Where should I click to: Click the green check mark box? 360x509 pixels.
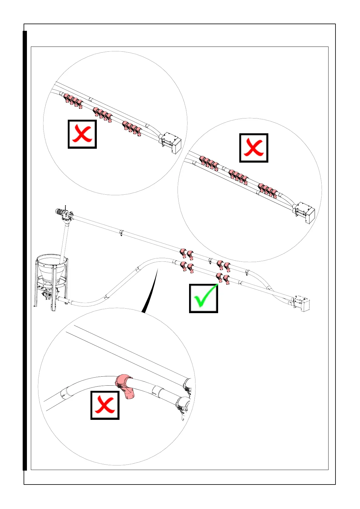pos(203,298)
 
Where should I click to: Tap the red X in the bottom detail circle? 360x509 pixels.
pos(105,405)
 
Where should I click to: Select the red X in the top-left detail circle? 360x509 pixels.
pos(82,134)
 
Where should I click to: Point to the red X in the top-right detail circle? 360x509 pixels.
pos(254,148)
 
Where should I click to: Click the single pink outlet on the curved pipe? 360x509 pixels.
pos(125,387)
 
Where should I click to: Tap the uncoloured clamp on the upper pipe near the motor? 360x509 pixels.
pos(121,233)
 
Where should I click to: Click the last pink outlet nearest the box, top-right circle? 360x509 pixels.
pos(274,193)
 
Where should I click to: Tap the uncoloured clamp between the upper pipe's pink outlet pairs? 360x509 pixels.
pos(211,261)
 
